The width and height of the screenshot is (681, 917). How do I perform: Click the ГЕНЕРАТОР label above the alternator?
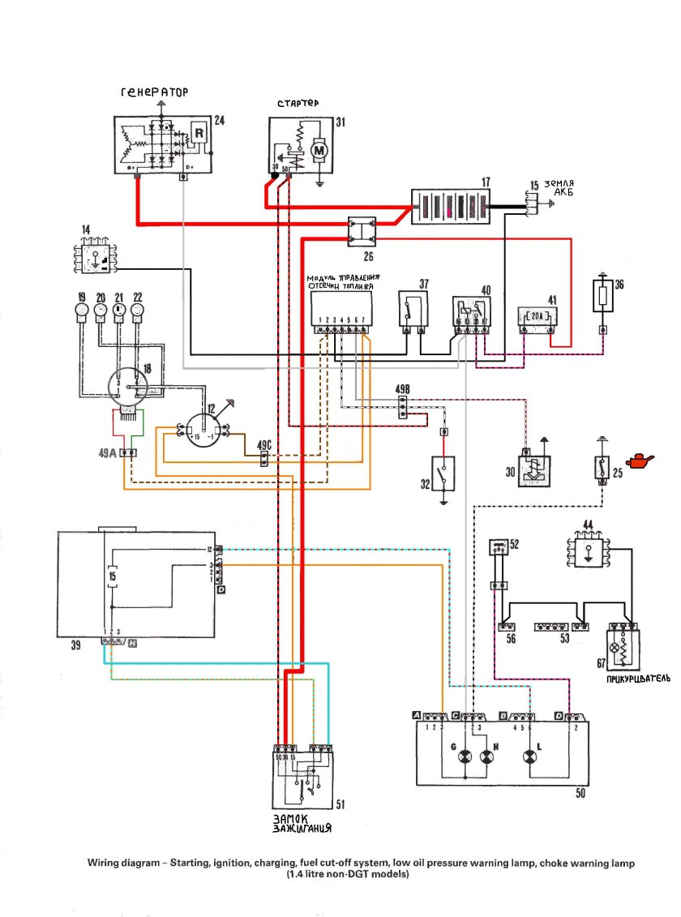click(x=154, y=93)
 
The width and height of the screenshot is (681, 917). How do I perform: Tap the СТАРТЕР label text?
click(x=298, y=105)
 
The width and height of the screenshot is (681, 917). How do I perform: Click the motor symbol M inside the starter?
click(x=319, y=150)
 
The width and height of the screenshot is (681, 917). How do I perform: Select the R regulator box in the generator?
click(x=198, y=134)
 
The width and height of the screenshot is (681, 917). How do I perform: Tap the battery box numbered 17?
click(x=452, y=208)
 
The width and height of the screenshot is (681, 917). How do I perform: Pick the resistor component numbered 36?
click(x=603, y=298)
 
